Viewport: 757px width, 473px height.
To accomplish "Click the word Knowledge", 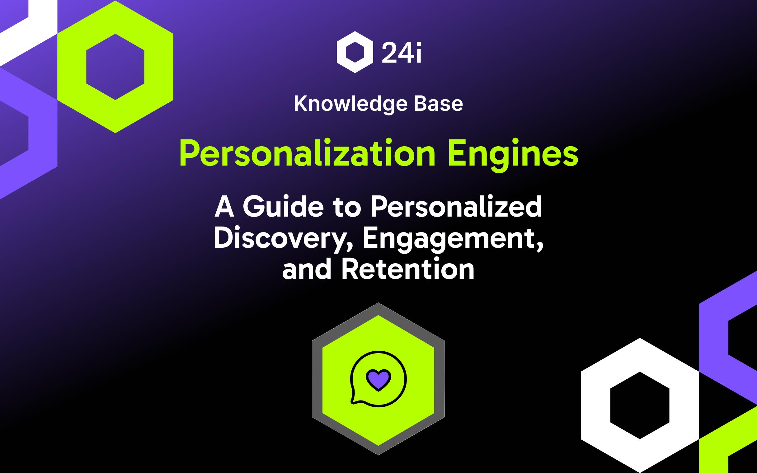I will click(x=350, y=104).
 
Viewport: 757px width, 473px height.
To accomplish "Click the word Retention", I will click(x=407, y=269).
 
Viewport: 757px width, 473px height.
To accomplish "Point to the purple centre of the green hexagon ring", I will click(x=115, y=67).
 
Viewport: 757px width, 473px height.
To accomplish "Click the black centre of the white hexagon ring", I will click(x=640, y=405).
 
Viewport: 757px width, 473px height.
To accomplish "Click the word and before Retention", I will click(x=307, y=269).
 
